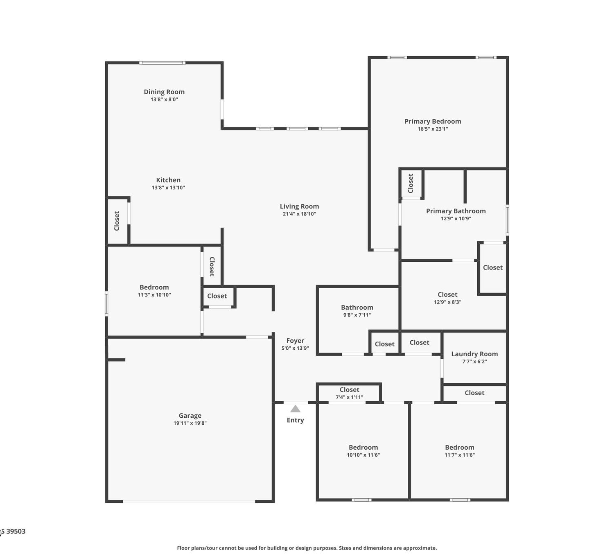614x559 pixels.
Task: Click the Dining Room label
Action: [x=164, y=92]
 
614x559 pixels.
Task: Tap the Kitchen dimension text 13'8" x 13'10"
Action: [x=168, y=188]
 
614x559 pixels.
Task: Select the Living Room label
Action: [x=299, y=206]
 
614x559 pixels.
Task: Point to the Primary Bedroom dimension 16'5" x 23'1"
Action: [x=433, y=129]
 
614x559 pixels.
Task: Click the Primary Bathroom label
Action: [x=456, y=211]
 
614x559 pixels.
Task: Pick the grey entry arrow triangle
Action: [x=295, y=409]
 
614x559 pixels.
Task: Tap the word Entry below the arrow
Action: [x=296, y=420]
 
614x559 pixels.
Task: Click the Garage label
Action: [x=190, y=416]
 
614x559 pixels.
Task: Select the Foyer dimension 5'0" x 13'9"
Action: [x=295, y=348]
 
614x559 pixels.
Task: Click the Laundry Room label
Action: [x=474, y=354]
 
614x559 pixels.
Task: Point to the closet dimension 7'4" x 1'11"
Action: [x=349, y=397]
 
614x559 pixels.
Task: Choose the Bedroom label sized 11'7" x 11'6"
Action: [x=459, y=448]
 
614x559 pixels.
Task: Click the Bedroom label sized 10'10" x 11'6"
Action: [x=363, y=448]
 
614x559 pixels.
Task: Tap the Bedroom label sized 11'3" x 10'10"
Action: [x=154, y=287]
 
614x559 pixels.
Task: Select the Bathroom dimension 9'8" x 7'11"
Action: [x=357, y=315]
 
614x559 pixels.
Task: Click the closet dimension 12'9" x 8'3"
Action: [x=447, y=302]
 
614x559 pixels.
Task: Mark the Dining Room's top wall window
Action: [x=162, y=63]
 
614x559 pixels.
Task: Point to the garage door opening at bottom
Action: [x=189, y=501]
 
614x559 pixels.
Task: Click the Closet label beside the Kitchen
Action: [x=117, y=221]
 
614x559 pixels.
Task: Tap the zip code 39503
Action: [x=16, y=532]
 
